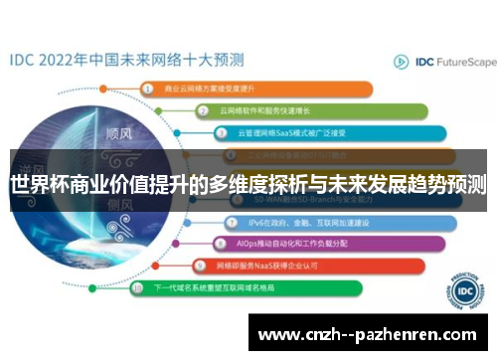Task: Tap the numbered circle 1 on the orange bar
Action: [148, 88]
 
